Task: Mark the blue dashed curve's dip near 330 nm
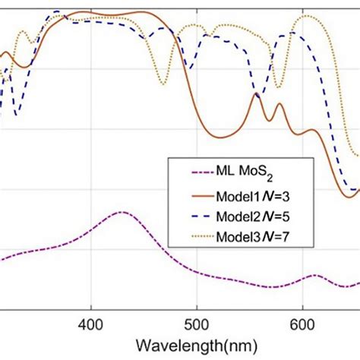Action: tap(16, 115)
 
